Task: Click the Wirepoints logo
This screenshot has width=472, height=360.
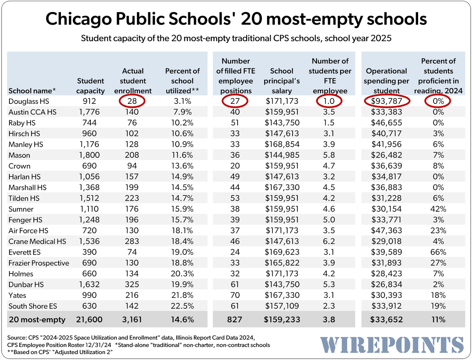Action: [x=392, y=345]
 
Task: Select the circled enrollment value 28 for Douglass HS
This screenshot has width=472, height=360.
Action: [x=132, y=101]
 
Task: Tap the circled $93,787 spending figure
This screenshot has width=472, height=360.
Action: [x=386, y=101]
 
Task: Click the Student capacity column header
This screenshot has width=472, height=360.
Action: [x=90, y=86]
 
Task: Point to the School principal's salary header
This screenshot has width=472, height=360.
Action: [x=282, y=81]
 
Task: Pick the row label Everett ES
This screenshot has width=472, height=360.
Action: [x=24, y=252]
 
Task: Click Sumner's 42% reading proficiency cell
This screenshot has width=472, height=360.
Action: [x=438, y=209]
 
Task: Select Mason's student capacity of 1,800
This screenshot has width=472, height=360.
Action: [x=89, y=155]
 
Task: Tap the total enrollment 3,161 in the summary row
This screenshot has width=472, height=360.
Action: [x=132, y=319]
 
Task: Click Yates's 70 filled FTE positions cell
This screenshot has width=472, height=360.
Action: [x=235, y=295]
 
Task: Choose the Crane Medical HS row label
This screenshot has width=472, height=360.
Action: [x=37, y=241]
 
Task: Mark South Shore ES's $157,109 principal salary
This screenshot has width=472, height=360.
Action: [x=282, y=306]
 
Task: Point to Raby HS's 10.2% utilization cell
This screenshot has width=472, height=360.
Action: [x=183, y=123]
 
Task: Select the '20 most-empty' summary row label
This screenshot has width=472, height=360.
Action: [x=37, y=319]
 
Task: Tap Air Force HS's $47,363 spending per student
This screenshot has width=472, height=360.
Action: [x=386, y=230]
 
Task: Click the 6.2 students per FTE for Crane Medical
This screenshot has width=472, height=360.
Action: [x=329, y=241]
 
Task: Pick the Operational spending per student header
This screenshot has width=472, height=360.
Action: [x=386, y=81]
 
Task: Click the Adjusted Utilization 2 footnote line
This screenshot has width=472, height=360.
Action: [x=60, y=352]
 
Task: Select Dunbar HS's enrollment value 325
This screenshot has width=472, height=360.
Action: [x=132, y=284]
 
